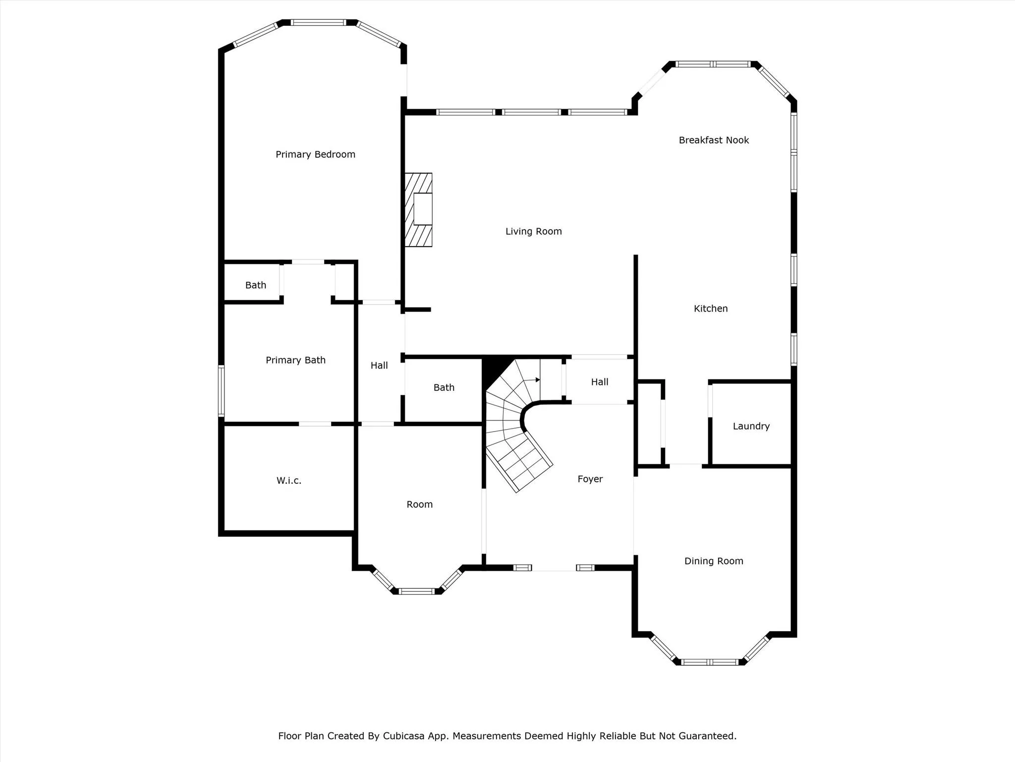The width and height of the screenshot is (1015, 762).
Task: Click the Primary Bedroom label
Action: tap(315, 154)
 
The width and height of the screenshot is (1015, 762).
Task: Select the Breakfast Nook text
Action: tap(714, 140)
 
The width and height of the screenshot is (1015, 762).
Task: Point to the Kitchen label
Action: tap(710, 309)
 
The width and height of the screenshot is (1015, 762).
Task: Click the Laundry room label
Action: tap(751, 426)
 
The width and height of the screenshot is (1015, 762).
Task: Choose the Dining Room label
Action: tap(714, 561)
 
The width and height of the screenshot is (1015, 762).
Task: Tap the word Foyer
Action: tap(590, 479)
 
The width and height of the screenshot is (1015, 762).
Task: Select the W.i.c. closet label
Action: tap(288, 481)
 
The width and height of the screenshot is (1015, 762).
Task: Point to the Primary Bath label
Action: tap(295, 360)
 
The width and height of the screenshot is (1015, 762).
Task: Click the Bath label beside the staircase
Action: tap(444, 387)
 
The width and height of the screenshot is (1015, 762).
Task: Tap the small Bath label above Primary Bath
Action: tap(255, 285)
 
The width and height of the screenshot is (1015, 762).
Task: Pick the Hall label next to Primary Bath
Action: tap(379, 366)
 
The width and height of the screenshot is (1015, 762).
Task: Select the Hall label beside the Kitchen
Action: tap(599, 382)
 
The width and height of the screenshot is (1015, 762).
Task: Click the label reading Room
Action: tap(419, 505)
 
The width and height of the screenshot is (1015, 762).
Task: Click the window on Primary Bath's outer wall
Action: tap(222, 390)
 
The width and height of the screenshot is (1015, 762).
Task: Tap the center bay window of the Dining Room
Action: tap(710, 662)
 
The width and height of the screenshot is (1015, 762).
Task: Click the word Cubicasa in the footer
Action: tap(403, 736)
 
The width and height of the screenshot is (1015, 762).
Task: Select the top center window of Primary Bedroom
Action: tap(318, 22)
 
